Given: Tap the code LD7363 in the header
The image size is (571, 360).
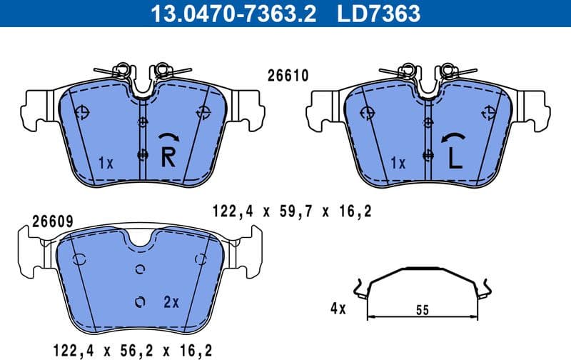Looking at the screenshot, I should (x=378, y=13).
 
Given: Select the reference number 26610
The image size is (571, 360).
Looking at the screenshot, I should (x=287, y=75).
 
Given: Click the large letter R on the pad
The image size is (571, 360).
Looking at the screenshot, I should (x=168, y=156).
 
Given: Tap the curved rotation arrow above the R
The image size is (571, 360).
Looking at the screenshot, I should (x=168, y=139).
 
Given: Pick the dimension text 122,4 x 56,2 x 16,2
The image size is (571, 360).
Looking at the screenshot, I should (x=131, y=350).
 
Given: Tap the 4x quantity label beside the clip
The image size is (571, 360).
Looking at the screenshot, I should (x=338, y=309).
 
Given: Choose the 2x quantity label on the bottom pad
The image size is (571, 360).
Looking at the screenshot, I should (x=171, y=302).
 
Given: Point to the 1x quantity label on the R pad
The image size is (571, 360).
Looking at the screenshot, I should (x=105, y=163).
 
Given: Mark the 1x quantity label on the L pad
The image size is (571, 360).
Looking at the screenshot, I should (x=398, y=163).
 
